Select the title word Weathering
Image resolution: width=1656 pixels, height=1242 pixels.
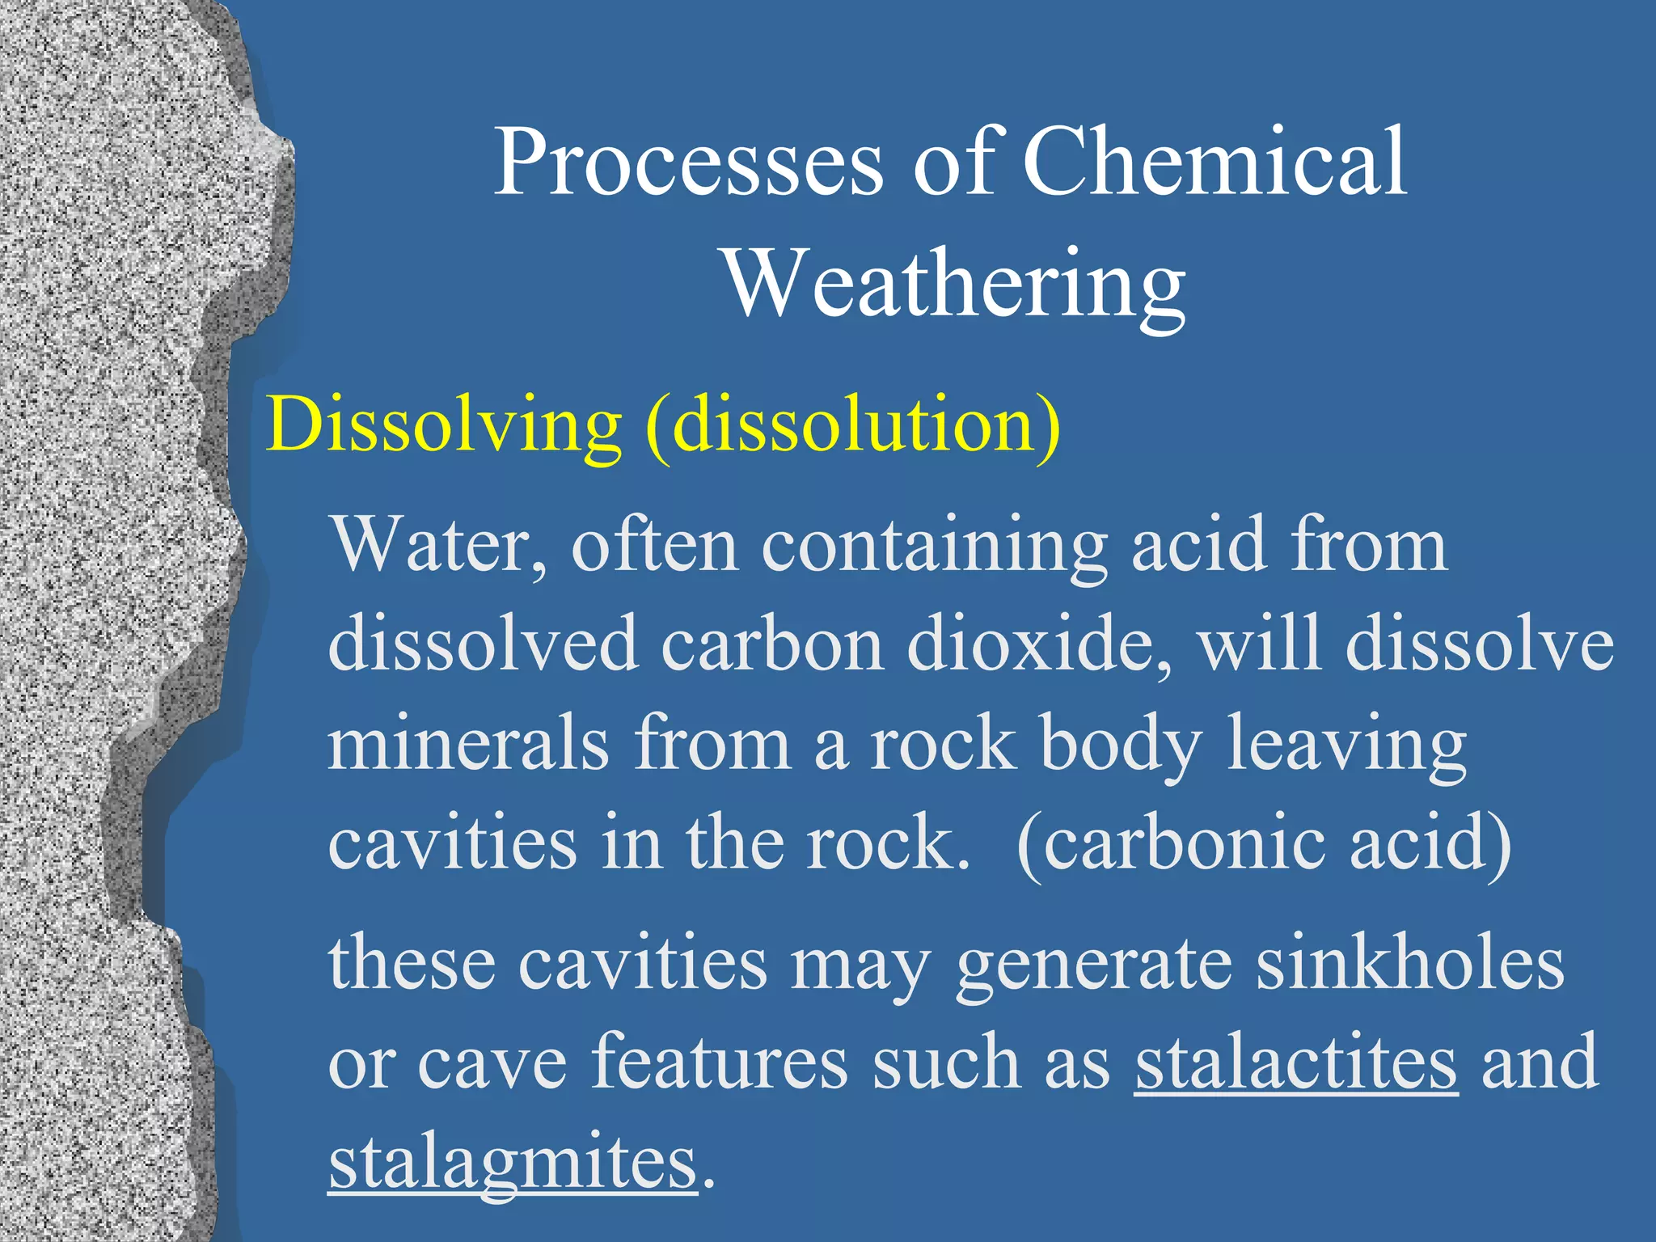pyautogui.click(x=955, y=285)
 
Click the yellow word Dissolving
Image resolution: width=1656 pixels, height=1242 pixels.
pyautogui.click(x=444, y=426)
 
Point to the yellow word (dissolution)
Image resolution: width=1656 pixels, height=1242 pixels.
pyautogui.click(x=853, y=426)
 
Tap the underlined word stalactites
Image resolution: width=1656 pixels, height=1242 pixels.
pyautogui.click(x=1296, y=1062)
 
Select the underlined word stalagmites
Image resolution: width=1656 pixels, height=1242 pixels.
pyautogui.click(x=513, y=1163)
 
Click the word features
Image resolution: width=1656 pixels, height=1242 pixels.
pyautogui.click(x=720, y=1062)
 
